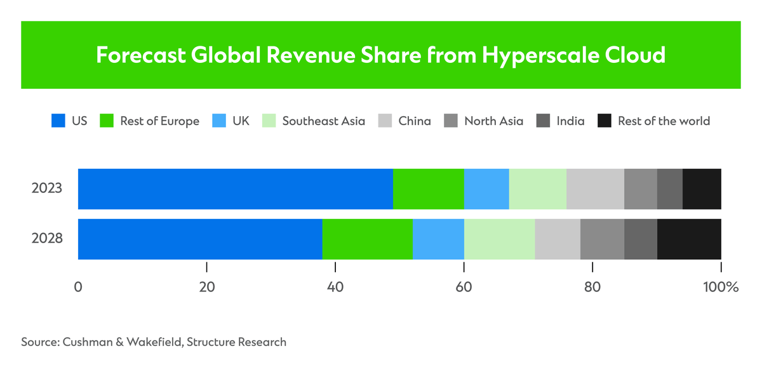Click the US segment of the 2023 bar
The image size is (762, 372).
[x=235, y=189]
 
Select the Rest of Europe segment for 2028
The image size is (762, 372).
[x=367, y=239]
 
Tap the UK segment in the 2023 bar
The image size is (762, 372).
[x=486, y=189]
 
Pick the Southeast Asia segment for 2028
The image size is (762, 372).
[x=499, y=239]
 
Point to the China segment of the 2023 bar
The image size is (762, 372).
[x=595, y=189]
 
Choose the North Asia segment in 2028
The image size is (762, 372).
[x=602, y=239]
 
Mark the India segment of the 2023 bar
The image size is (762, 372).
[x=669, y=189]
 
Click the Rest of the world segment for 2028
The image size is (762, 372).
[x=689, y=239]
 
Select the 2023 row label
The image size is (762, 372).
[x=46, y=189]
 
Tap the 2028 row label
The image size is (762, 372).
[x=46, y=239]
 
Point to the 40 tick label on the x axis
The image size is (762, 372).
[x=335, y=287]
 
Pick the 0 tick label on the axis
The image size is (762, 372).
[x=78, y=287]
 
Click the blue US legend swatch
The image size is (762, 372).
[x=58, y=121]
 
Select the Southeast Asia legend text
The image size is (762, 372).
[x=323, y=121]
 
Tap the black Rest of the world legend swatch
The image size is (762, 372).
[x=605, y=121]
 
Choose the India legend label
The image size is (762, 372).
[x=570, y=121]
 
